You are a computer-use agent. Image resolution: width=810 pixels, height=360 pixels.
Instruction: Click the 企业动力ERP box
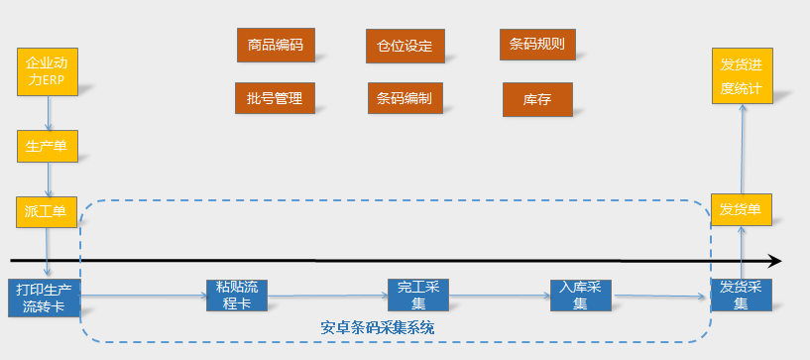coord(47,70)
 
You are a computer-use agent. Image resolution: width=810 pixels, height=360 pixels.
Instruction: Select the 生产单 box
coord(47,147)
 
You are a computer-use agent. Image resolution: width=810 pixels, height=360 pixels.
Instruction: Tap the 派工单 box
coord(47,211)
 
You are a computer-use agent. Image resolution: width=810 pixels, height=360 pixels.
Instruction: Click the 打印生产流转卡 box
coord(46,297)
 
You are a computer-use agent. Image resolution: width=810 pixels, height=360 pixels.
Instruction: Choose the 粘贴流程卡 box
coord(236,295)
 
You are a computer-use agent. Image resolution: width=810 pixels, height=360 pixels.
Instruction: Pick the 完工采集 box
coord(418,295)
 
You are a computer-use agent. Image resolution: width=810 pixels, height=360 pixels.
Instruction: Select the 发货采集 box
coord(742,295)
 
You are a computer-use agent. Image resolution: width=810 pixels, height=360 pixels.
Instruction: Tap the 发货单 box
coord(742,210)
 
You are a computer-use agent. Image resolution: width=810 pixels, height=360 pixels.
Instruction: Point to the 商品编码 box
coord(276,45)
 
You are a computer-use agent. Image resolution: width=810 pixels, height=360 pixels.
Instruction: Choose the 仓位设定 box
coord(405,46)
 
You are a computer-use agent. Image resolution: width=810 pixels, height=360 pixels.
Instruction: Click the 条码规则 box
coord(537,45)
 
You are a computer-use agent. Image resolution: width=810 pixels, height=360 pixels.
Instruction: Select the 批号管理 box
coord(275,97)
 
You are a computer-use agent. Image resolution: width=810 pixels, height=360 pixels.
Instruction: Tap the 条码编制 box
coord(405,98)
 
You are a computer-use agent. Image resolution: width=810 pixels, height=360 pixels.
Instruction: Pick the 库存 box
coord(537,99)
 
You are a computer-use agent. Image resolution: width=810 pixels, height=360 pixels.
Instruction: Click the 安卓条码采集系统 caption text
coord(378,326)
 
